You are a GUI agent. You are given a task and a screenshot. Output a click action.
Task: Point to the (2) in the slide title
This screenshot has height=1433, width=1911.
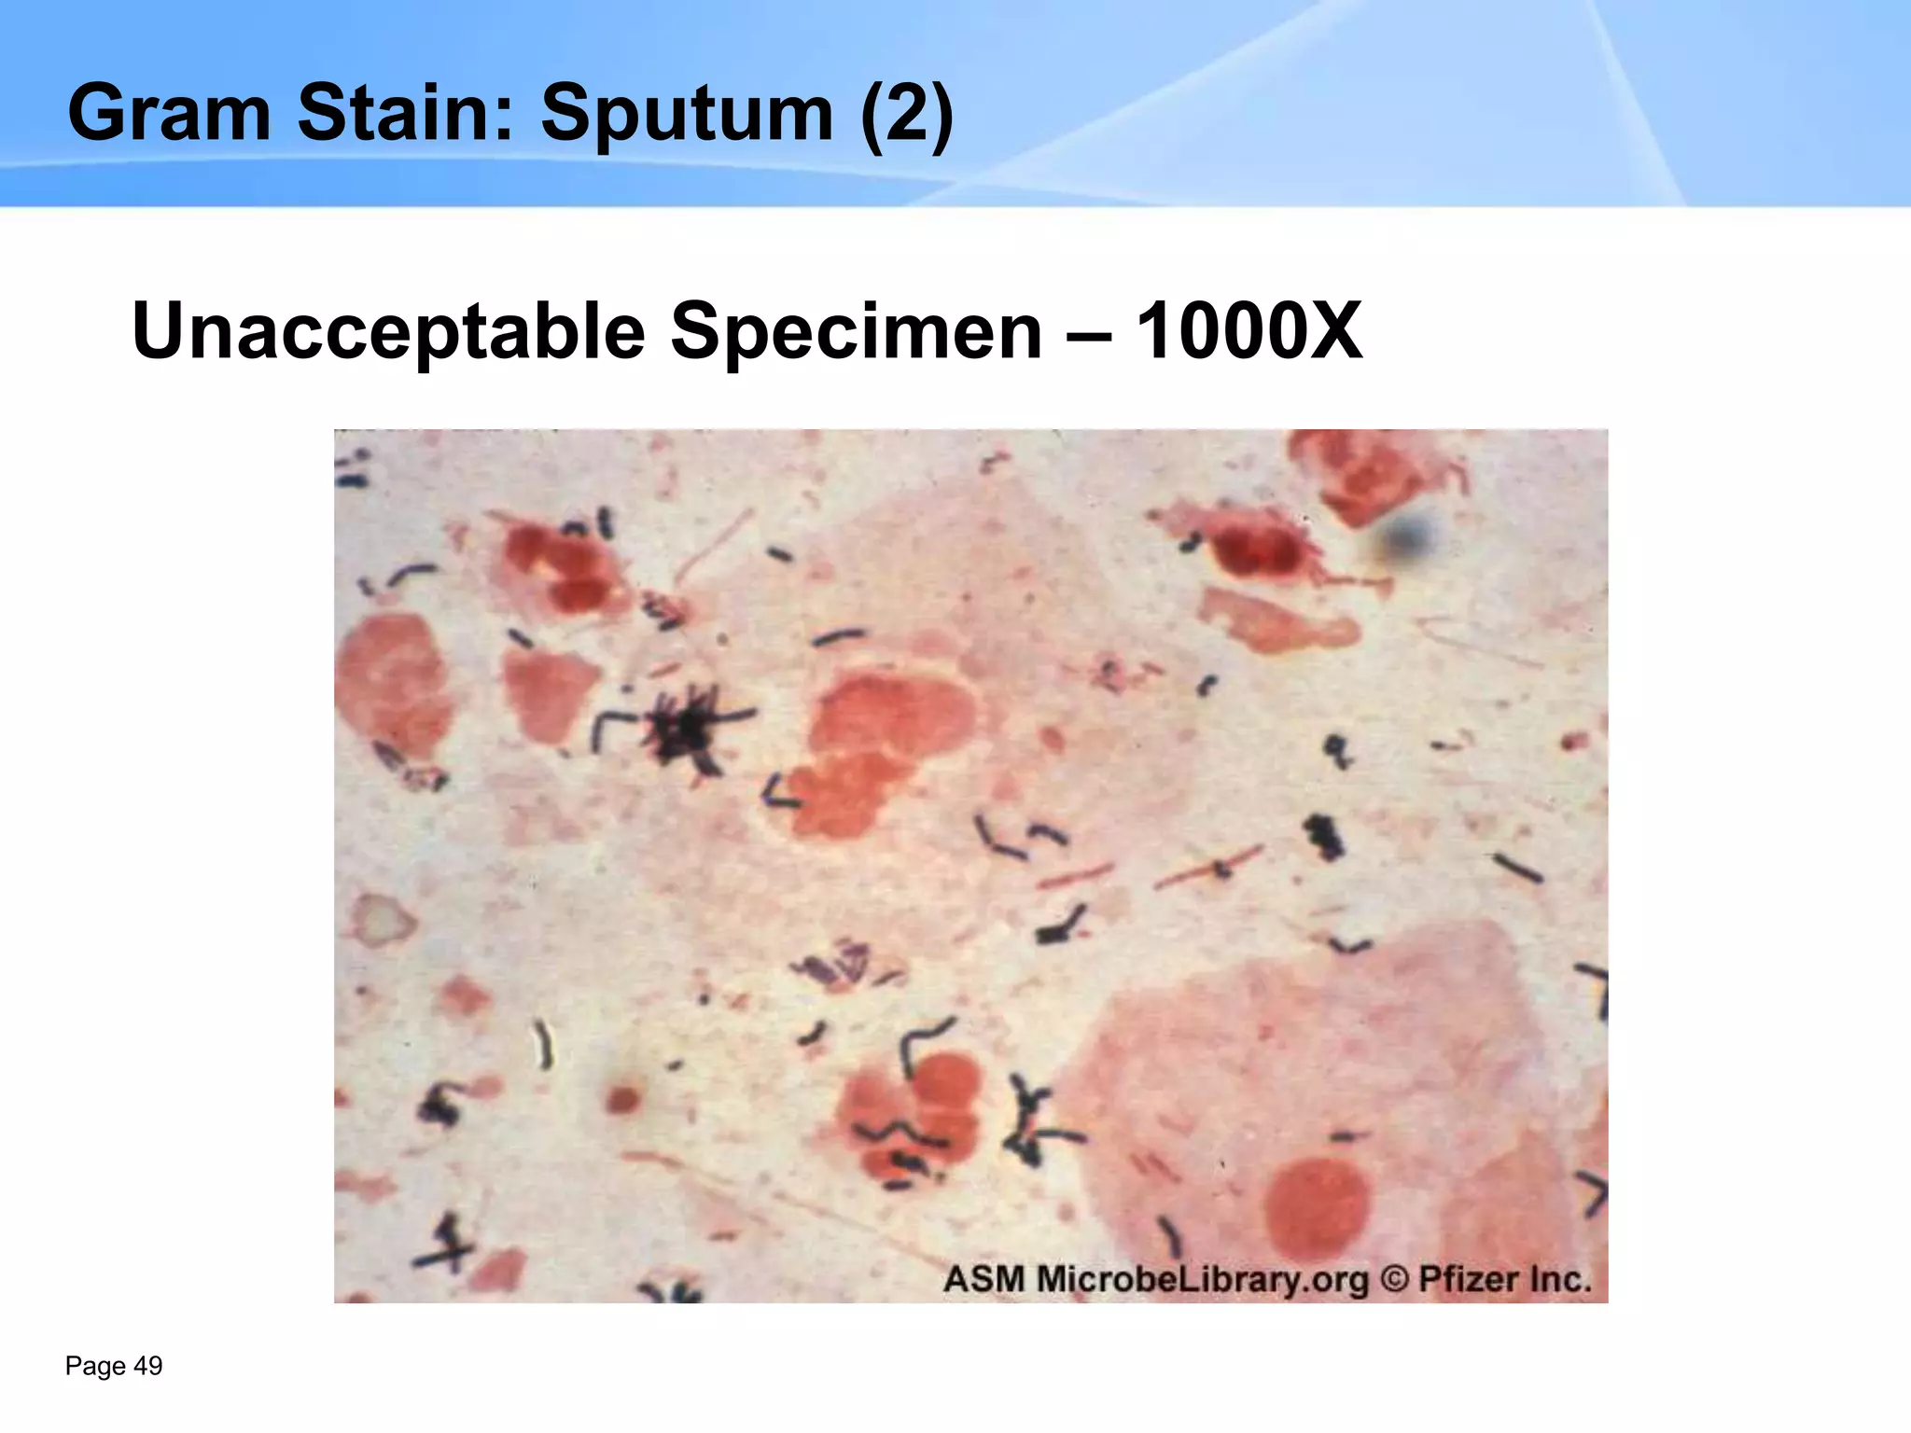click(x=906, y=114)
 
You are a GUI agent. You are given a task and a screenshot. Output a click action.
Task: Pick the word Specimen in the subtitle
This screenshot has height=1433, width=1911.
click(x=856, y=331)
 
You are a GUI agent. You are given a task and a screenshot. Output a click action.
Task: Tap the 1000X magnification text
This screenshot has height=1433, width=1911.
click(x=1248, y=331)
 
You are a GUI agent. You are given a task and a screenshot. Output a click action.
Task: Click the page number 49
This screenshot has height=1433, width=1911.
click(x=148, y=1367)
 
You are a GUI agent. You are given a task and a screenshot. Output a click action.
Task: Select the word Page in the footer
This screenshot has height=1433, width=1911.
click(x=96, y=1367)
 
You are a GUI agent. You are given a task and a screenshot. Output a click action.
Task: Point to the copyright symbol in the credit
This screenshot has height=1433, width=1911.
click(x=1393, y=1278)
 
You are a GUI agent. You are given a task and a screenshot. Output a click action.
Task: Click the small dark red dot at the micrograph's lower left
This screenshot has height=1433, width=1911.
click(x=621, y=1099)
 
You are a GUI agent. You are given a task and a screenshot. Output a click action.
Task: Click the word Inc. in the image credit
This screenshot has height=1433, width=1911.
click(x=1560, y=1278)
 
